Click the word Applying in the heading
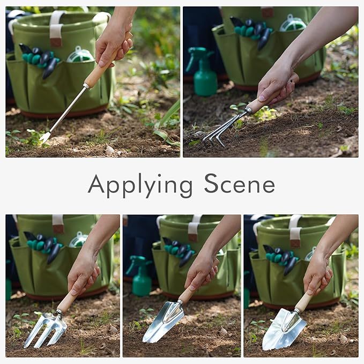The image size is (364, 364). point(139,185)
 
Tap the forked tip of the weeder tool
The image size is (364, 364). point(44,137)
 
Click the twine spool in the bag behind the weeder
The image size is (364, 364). point(80,54)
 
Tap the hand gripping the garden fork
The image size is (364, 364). point(83,273)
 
